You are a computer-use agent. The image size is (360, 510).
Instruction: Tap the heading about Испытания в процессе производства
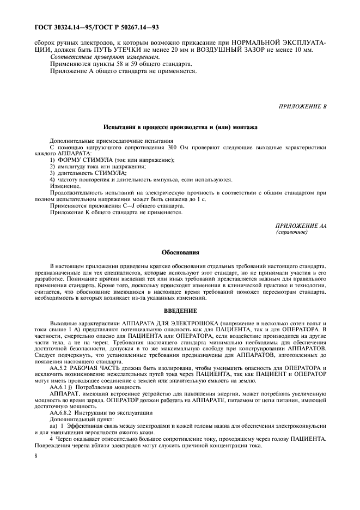click(x=180, y=127)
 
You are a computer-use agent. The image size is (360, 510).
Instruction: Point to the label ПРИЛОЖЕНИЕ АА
click(x=301, y=225)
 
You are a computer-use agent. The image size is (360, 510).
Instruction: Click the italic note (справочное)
click(x=292, y=232)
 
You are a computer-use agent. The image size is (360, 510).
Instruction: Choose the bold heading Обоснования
click(x=180, y=253)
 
